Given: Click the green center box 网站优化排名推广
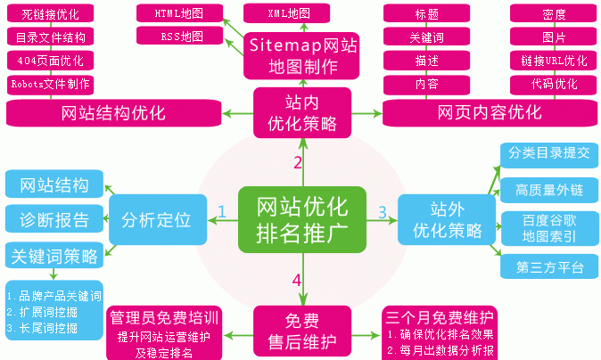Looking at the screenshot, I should coord(302,217).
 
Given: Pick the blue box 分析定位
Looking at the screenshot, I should coord(157,218).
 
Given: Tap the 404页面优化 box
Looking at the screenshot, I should coord(52,61).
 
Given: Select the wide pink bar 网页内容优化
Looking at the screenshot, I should coord(490,113).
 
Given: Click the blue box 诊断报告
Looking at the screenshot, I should coord(52,219).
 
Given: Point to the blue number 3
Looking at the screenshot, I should coord(383,212).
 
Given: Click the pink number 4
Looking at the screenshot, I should coord(297,281).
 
